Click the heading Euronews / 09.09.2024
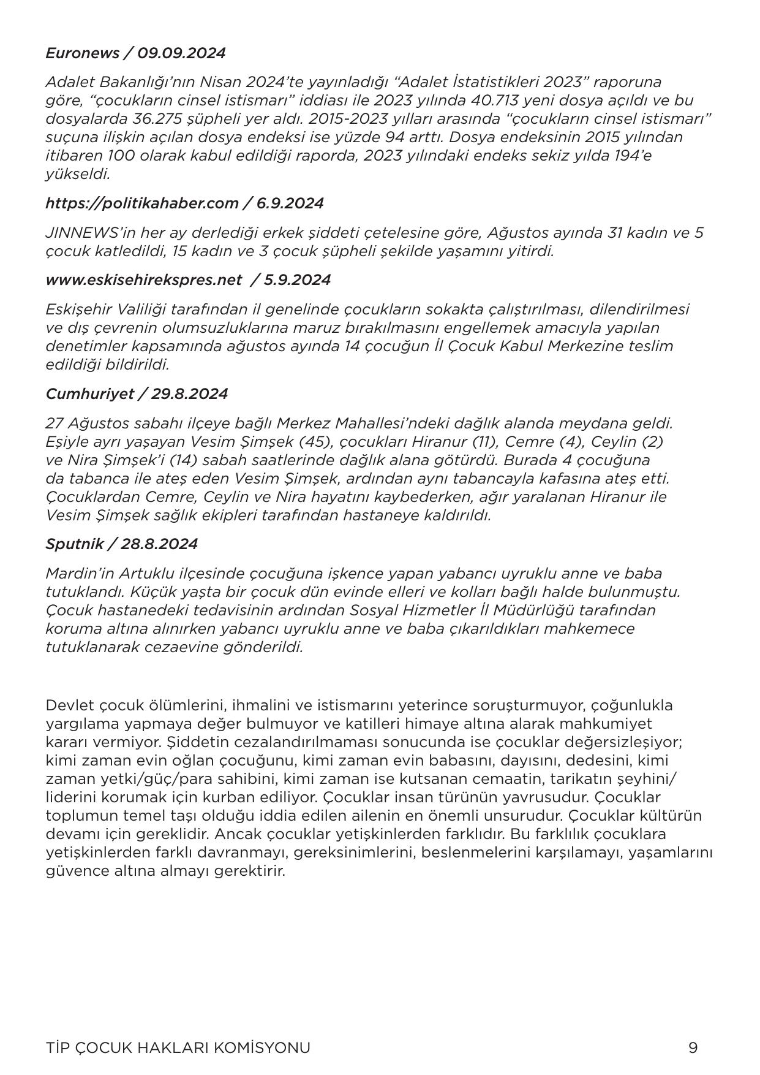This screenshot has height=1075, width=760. coord(135,53)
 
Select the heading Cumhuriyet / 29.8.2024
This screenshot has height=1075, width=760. coord(137,394)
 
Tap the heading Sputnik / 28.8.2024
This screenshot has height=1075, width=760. coord(121,544)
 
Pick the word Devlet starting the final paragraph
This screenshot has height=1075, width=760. coord(67,705)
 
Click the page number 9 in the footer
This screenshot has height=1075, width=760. coord(693,1048)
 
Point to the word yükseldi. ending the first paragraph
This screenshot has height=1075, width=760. coord(78,174)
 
